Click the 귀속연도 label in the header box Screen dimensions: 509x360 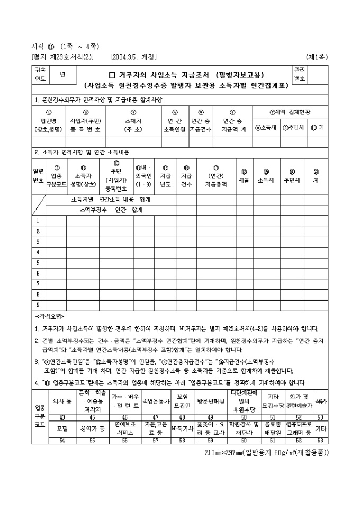[x=40, y=74]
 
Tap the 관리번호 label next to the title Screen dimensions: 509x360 [x=299, y=74]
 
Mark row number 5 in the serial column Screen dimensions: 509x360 [x=38, y=263]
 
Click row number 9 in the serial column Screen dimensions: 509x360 [x=38, y=305]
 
